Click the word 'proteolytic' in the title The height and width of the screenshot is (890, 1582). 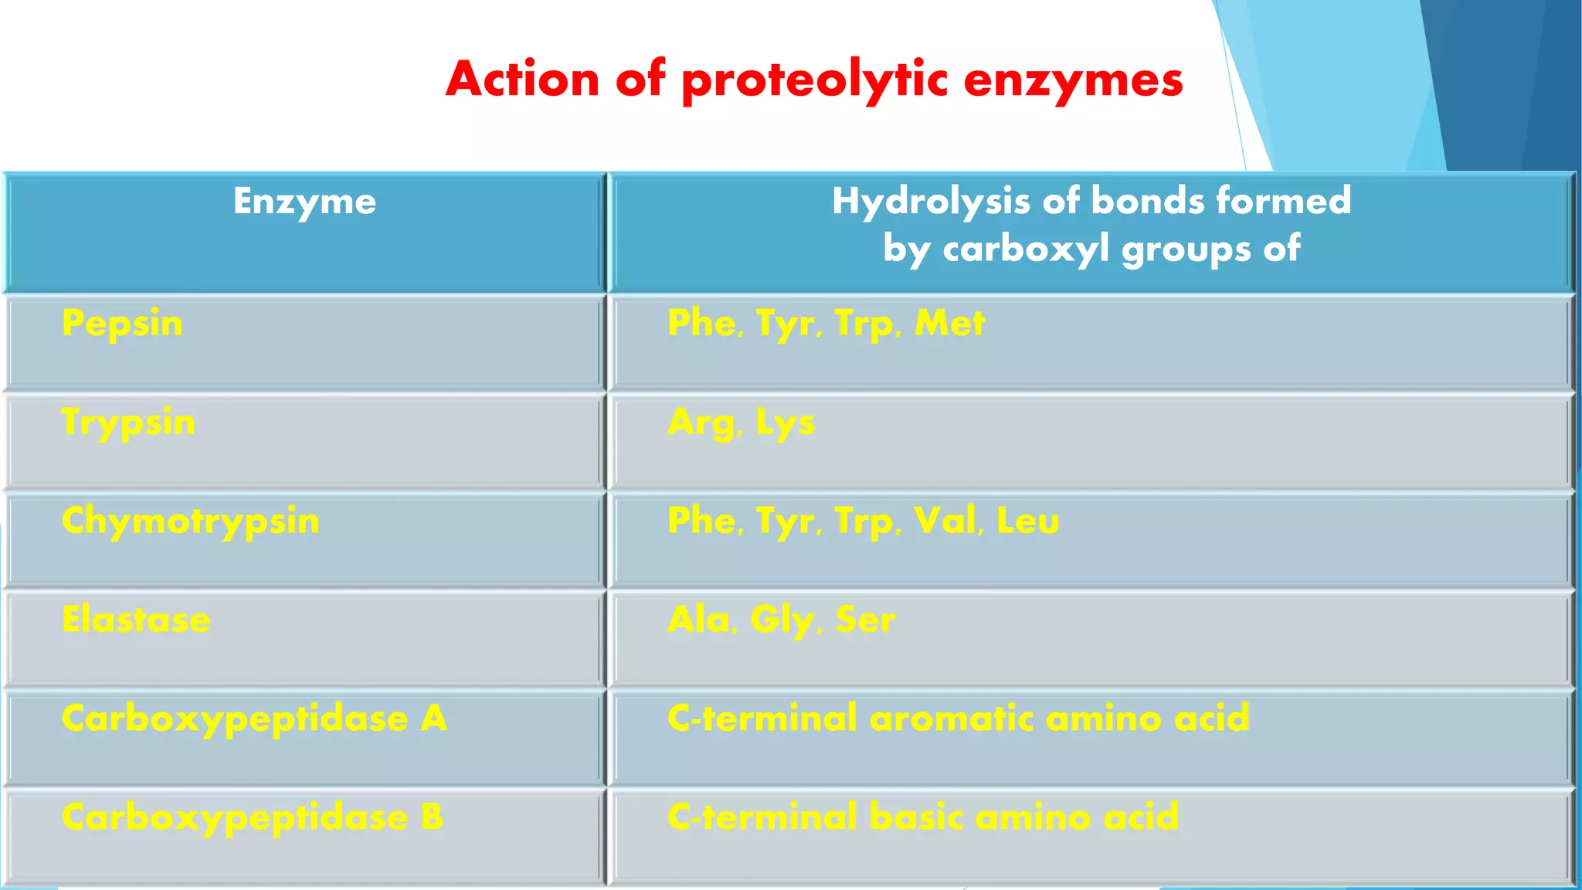[815, 80]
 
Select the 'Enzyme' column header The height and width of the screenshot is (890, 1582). [305, 202]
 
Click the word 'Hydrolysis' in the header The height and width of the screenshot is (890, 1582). [931, 202]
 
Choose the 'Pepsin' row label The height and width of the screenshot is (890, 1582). [122, 324]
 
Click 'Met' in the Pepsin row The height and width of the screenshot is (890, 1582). [949, 323]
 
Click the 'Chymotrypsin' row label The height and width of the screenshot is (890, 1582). [190, 521]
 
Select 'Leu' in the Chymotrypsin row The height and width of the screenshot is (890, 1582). [1027, 521]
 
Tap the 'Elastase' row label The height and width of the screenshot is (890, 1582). [136, 620]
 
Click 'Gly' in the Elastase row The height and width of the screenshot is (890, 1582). [782, 620]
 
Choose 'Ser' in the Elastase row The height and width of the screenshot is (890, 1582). [866, 620]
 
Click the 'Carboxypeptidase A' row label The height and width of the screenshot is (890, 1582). [254, 719]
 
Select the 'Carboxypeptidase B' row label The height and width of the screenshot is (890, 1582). [253, 818]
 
